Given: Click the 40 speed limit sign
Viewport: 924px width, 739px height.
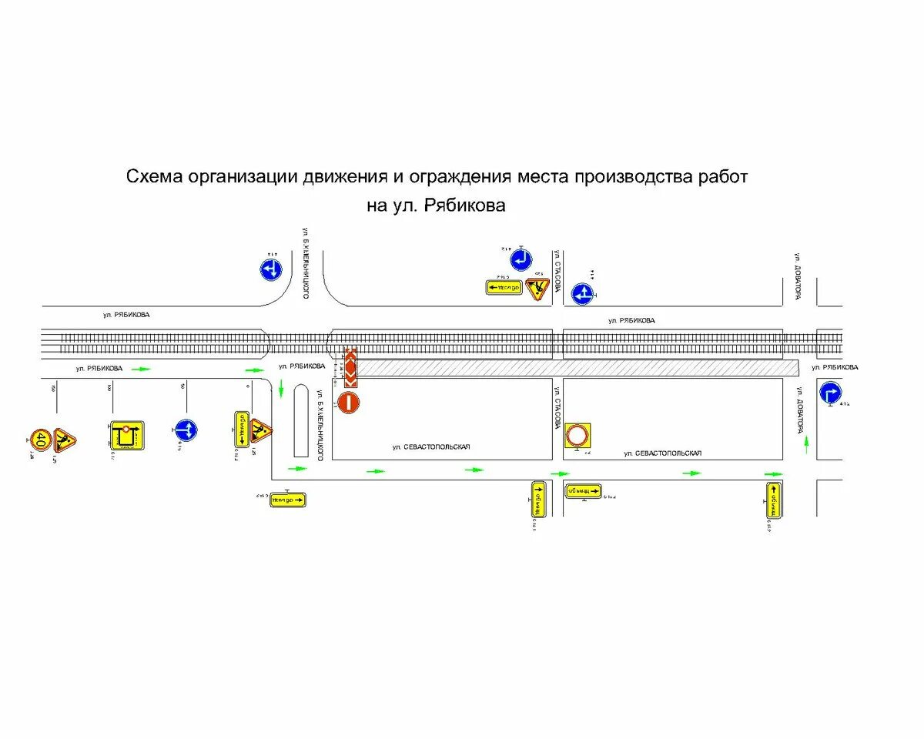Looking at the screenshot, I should pos(40,440).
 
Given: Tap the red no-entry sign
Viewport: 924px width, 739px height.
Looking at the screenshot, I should pos(348,403).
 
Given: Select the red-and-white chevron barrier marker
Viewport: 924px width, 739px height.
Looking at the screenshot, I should pos(350,368).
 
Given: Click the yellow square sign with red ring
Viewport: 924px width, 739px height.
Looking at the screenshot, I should pos(577,436).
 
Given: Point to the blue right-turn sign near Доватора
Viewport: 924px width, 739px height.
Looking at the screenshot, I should pos(830,393).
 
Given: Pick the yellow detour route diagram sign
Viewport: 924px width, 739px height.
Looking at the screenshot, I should pos(127,436).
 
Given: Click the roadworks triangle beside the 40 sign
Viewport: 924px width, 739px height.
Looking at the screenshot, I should pos(65,440).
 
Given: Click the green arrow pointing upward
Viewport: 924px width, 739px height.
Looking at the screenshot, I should pos(806,442).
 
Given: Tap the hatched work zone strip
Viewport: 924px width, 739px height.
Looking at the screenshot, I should pos(577,368).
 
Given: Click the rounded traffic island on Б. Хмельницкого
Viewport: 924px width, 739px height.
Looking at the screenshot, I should pos(301,420).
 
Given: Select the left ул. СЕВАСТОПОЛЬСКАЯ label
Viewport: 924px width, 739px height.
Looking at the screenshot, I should pos(430,447).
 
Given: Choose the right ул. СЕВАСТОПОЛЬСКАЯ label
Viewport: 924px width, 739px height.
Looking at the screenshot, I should pos(662,453).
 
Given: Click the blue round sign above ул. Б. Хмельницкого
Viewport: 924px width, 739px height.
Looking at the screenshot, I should pos(270,269).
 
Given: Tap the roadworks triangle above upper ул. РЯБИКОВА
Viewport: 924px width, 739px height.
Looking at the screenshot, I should pos(537,288).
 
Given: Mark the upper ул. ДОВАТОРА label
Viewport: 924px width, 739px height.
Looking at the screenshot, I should pos(799,277).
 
